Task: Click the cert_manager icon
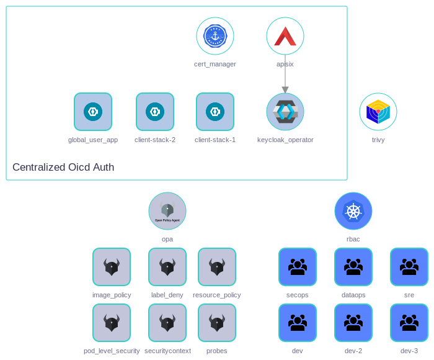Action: pyautogui.click(x=215, y=36)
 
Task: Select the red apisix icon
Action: pyautogui.click(x=285, y=36)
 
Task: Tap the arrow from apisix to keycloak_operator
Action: pyautogui.click(x=285, y=74)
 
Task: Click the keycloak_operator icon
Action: pyautogui.click(x=285, y=112)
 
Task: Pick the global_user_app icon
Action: pyautogui.click(x=93, y=112)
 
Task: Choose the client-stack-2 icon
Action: pyautogui.click(x=155, y=112)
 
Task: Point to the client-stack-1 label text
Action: pyautogui.click(x=215, y=140)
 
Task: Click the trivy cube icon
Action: pyautogui.click(x=378, y=112)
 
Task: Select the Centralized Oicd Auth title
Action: pyautogui.click(x=63, y=167)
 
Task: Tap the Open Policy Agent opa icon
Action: pyautogui.click(x=167, y=211)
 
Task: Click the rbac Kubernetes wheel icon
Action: pyautogui.click(x=353, y=211)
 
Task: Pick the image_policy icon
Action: pyautogui.click(x=112, y=267)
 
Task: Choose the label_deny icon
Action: pyautogui.click(x=167, y=267)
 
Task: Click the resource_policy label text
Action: pyautogui.click(x=217, y=295)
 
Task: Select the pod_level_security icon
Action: pyautogui.click(x=112, y=323)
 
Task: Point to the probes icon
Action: pyautogui.click(x=217, y=323)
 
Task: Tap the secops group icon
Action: pyautogui.click(x=298, y=267)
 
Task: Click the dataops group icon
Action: pyautogui.click(x=353, y=267)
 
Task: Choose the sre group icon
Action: pyautogui.click(x=409, y=267)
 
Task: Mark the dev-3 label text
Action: pyautogui.click(x=409, y=351)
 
